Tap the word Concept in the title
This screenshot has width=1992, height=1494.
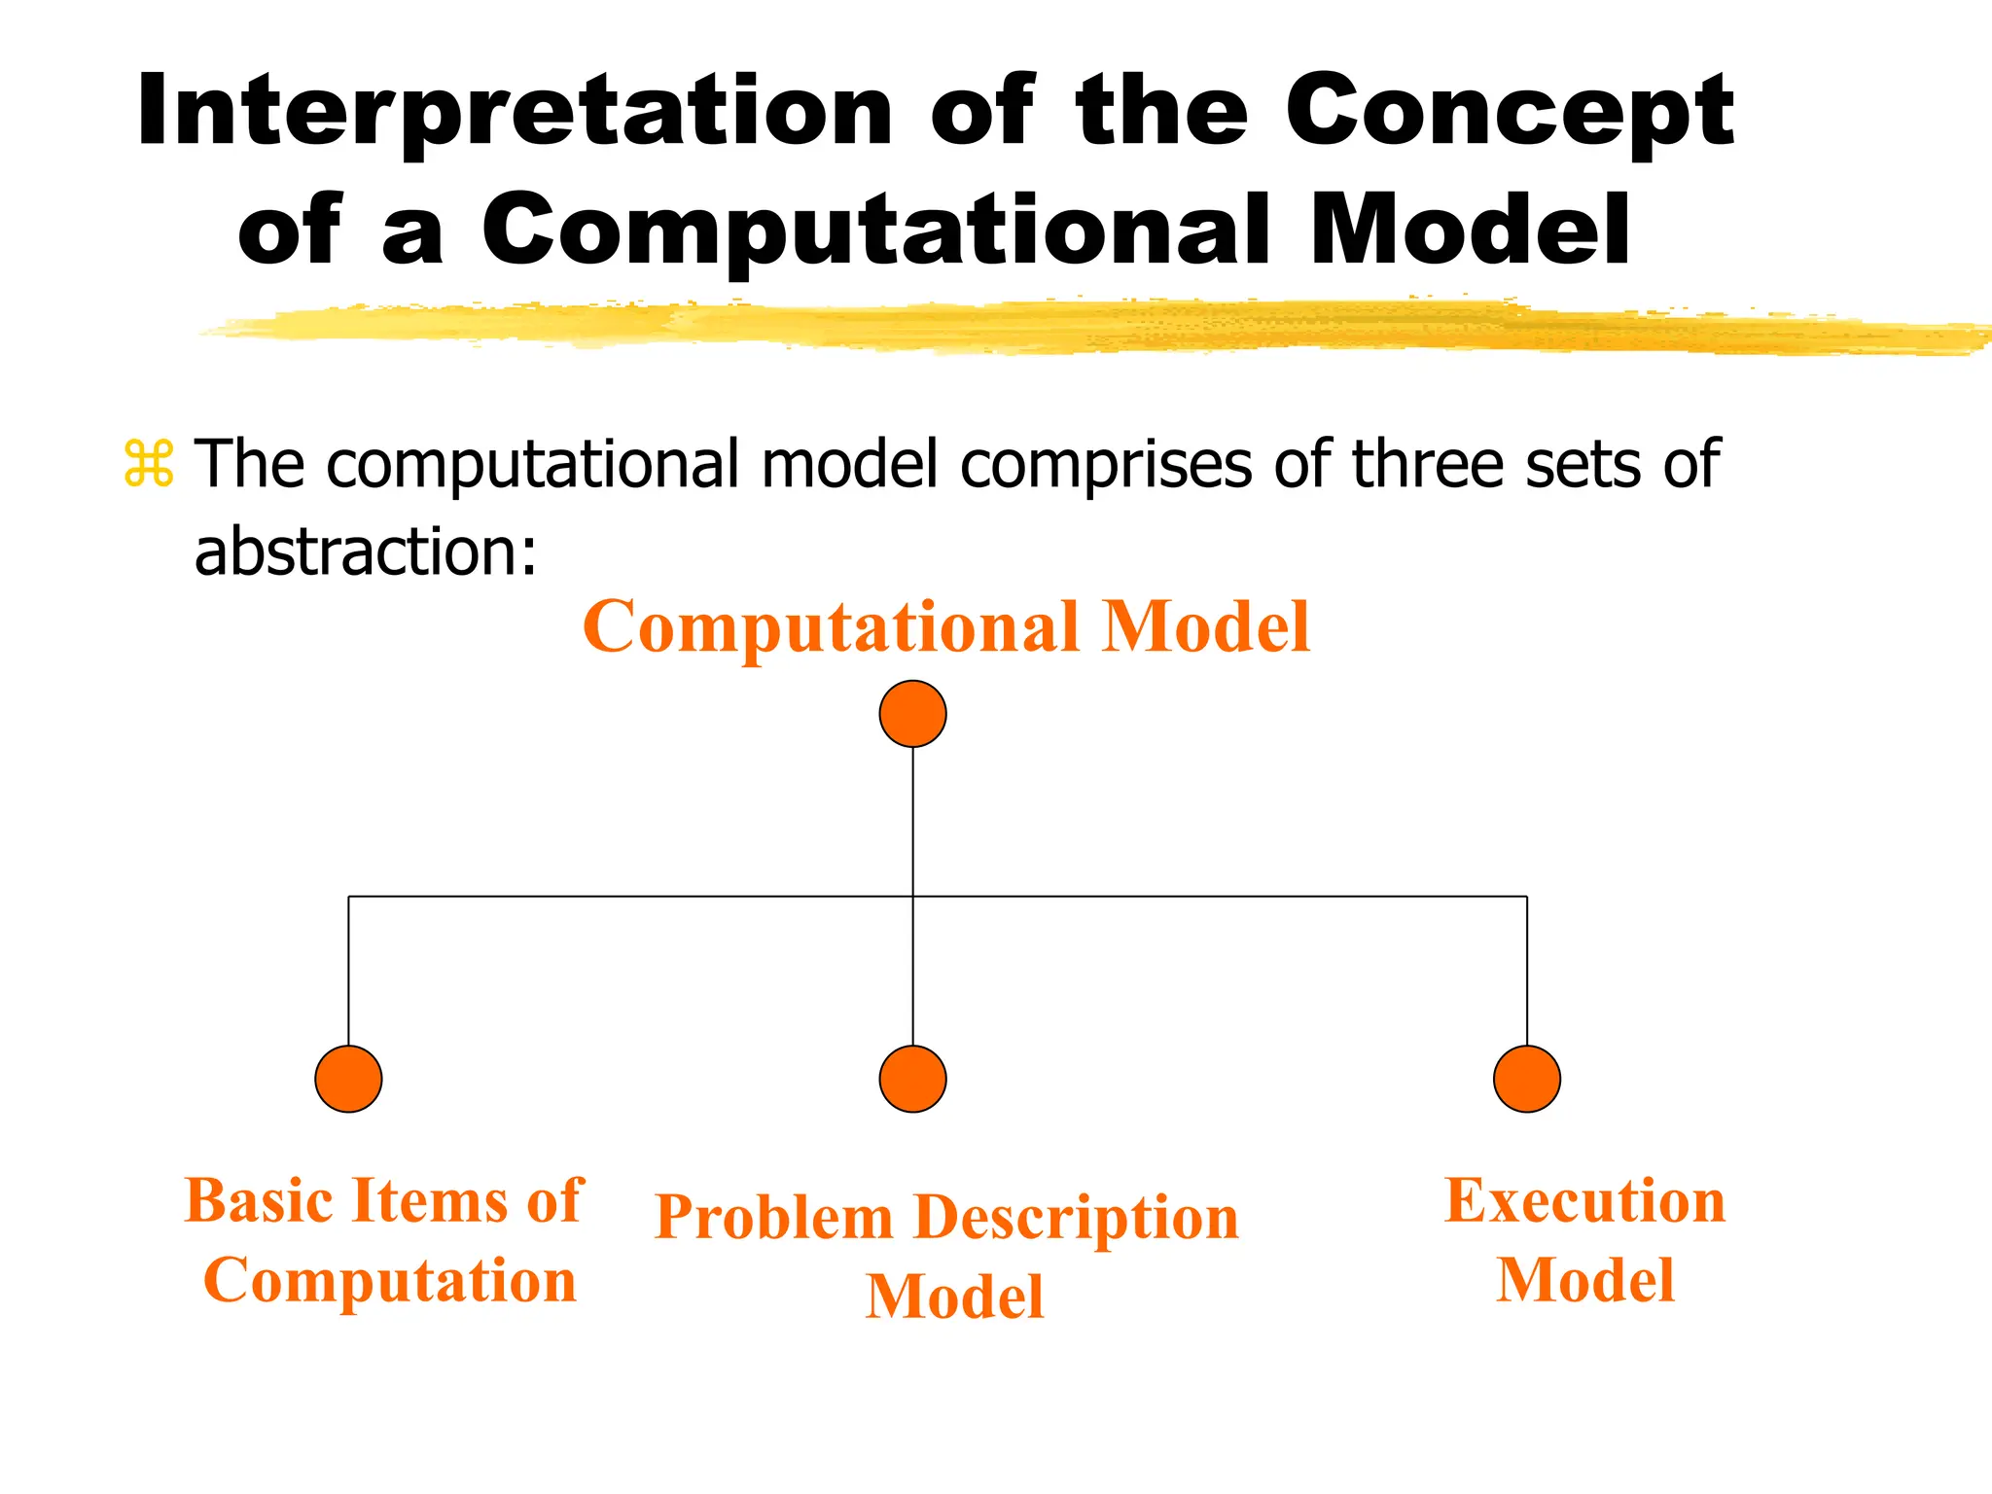pos(1509,112)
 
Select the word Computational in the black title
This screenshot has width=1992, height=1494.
pos(875,230)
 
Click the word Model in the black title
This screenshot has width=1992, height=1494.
pos(1470,230)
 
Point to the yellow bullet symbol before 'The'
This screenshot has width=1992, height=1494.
pos(149,464)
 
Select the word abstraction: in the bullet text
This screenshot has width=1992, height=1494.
pos(366,551)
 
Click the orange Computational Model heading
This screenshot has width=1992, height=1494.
pos(946,626)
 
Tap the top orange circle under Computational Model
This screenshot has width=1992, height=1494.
pos(912,714)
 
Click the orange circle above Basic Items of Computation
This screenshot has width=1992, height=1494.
pos(348,1079)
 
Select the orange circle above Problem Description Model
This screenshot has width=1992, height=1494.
pos(912,1079)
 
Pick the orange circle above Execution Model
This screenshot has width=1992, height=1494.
pos(1526,1079)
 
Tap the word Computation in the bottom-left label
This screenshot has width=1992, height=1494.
pos(390,1280)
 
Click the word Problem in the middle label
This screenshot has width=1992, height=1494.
pos(774,1217)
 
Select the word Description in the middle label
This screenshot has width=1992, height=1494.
pos(1077,1217)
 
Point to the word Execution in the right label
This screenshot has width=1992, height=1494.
pos(1584,1200)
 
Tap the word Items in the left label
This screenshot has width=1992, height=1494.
pos(429,1200)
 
